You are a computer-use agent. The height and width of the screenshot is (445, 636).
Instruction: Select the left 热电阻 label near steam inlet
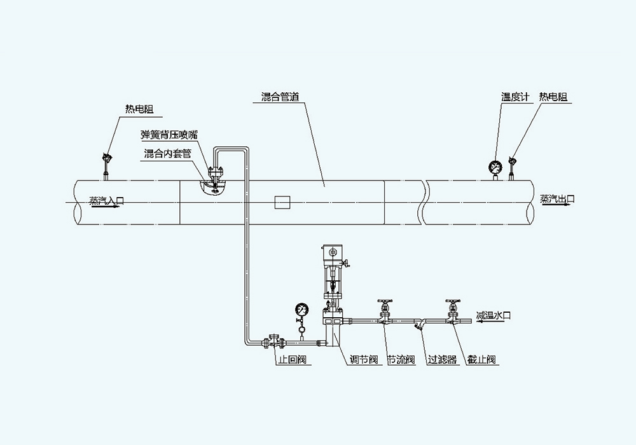(139, 109)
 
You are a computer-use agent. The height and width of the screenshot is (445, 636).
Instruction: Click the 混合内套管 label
(167, 154)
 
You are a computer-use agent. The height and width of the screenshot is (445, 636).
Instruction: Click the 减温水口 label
(494, 315)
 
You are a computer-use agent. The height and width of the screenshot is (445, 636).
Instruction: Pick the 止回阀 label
(292, 360)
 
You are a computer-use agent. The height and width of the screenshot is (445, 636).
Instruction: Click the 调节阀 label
(365, 360)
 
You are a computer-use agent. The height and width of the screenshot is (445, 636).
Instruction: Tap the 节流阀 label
(401, 360)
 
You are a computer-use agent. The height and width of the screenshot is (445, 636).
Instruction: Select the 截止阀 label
(481, 360)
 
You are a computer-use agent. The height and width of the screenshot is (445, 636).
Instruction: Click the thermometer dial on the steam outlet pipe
(495, 168)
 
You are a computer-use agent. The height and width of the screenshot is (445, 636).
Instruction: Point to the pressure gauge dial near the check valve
(302, 310)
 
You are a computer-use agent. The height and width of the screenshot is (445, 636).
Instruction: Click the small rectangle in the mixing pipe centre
(282, 202)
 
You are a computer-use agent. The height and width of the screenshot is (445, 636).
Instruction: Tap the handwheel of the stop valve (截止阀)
(453, 302)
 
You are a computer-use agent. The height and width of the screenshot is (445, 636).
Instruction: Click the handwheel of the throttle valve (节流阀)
(384, 302)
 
